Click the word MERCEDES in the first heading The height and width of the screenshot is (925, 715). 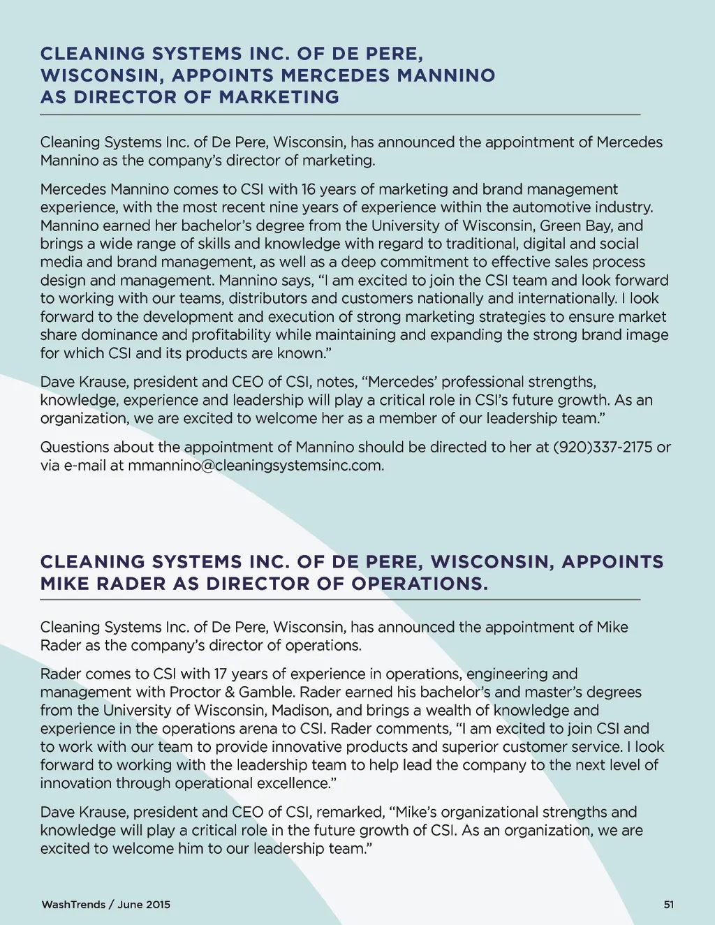[336, 75]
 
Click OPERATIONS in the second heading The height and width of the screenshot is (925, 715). [419, 584]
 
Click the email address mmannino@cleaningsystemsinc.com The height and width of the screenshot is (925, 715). [256, 465]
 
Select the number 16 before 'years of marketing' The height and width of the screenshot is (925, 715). [309, 189]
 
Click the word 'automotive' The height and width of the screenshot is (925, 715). [550, 207]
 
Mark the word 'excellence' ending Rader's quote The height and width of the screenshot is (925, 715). [293, 783]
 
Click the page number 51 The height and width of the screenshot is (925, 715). [669, 905]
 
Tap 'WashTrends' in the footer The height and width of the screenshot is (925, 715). [73, 905]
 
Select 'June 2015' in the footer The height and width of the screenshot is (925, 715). [144, 905]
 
